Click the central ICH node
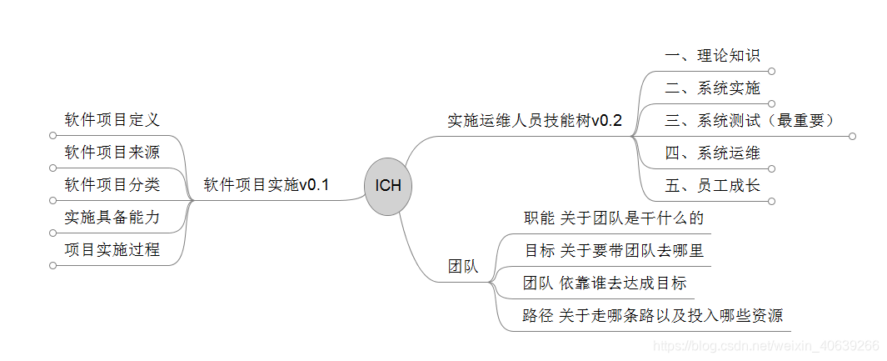pyautogui.click(x=388, y=186)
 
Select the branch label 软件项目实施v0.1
pyautogui.click(x=267, y=185)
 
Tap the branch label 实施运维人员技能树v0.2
pyautogui.click(x=535, y=120)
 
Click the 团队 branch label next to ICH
pyautogui.click(x=463, y=268)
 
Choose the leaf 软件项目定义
pyautogui.click(x=112, y=120)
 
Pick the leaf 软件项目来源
pyautogui.click(x=112, y=153)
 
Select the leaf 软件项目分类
pyautogui.click(x=112, y=184)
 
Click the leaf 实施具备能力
pyautogui.click(x=112, y=217)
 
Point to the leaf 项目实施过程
pyautogui.click(x=112, y=249)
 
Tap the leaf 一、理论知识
pyautogui.click(x=712, y=56)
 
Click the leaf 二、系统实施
pyautogui.click(x=712, y=88)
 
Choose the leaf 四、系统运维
pyautogui.click(x=712, y=153)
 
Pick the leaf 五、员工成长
pyautogui.click(x=712, y=185)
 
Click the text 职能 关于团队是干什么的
pyautogui.click(x=614, y=218)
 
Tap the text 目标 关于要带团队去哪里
pyautogui.click(x=614, y=250)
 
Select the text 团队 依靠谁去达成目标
pyautogui.click(x=605, y=283)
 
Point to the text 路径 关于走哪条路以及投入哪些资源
pyautogui.click(x=652, y=315)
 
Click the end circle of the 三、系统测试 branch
pyautogui.click(x=852, y=136)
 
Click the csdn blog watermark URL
pyautogui.click(x=765, y=345)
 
